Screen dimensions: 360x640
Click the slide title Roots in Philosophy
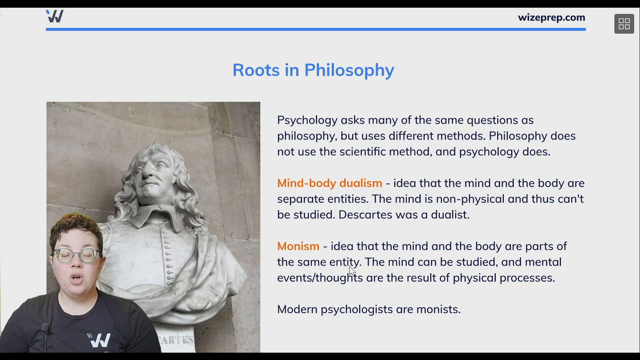(313, 70)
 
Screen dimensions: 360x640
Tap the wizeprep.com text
(551, 17)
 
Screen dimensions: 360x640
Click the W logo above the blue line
(55, 16)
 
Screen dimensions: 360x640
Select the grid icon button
(624, 24)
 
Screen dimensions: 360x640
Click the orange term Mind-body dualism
(329, 183)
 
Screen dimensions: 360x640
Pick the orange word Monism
(298, 246)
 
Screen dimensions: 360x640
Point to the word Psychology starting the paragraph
(307, 120)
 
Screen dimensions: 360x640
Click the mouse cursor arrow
(352, 271)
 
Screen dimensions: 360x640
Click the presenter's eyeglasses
(77, 255)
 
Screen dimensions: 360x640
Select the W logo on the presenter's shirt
(99, 340)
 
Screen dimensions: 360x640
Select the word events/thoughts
(320, 278)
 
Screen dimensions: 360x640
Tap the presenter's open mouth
(77, 279)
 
